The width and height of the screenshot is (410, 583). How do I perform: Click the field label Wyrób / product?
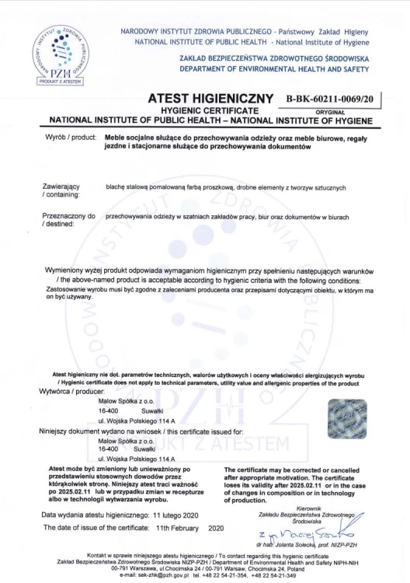click(69, 137)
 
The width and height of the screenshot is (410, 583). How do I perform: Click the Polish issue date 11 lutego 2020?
click(176, 515)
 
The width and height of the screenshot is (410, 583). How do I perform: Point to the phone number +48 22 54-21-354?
click(226, 574)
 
